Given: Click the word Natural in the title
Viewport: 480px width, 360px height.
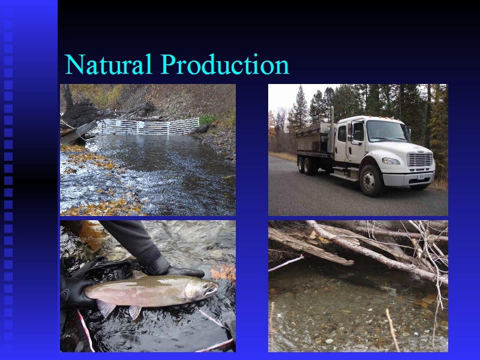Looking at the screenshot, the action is tap(109, 64).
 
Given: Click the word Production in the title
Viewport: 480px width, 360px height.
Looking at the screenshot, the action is tap(225, 64).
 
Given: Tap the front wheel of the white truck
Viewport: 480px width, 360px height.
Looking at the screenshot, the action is tap(371, 181).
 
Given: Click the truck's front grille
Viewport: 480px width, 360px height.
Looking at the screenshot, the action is tap(419, 160).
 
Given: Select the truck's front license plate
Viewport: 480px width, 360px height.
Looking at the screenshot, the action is tap(421, 176).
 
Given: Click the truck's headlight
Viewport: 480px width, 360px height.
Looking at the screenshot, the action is tap(391, 161).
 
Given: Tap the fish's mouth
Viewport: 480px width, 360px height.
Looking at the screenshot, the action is tap(212, 289).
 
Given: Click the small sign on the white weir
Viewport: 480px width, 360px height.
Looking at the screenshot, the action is tap(140, 124).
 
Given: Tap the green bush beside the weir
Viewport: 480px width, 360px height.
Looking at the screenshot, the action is tap(208, 119).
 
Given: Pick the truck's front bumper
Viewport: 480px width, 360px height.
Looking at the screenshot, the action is tap(409, 179).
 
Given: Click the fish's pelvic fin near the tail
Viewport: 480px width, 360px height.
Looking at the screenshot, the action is tap(106, 308).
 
